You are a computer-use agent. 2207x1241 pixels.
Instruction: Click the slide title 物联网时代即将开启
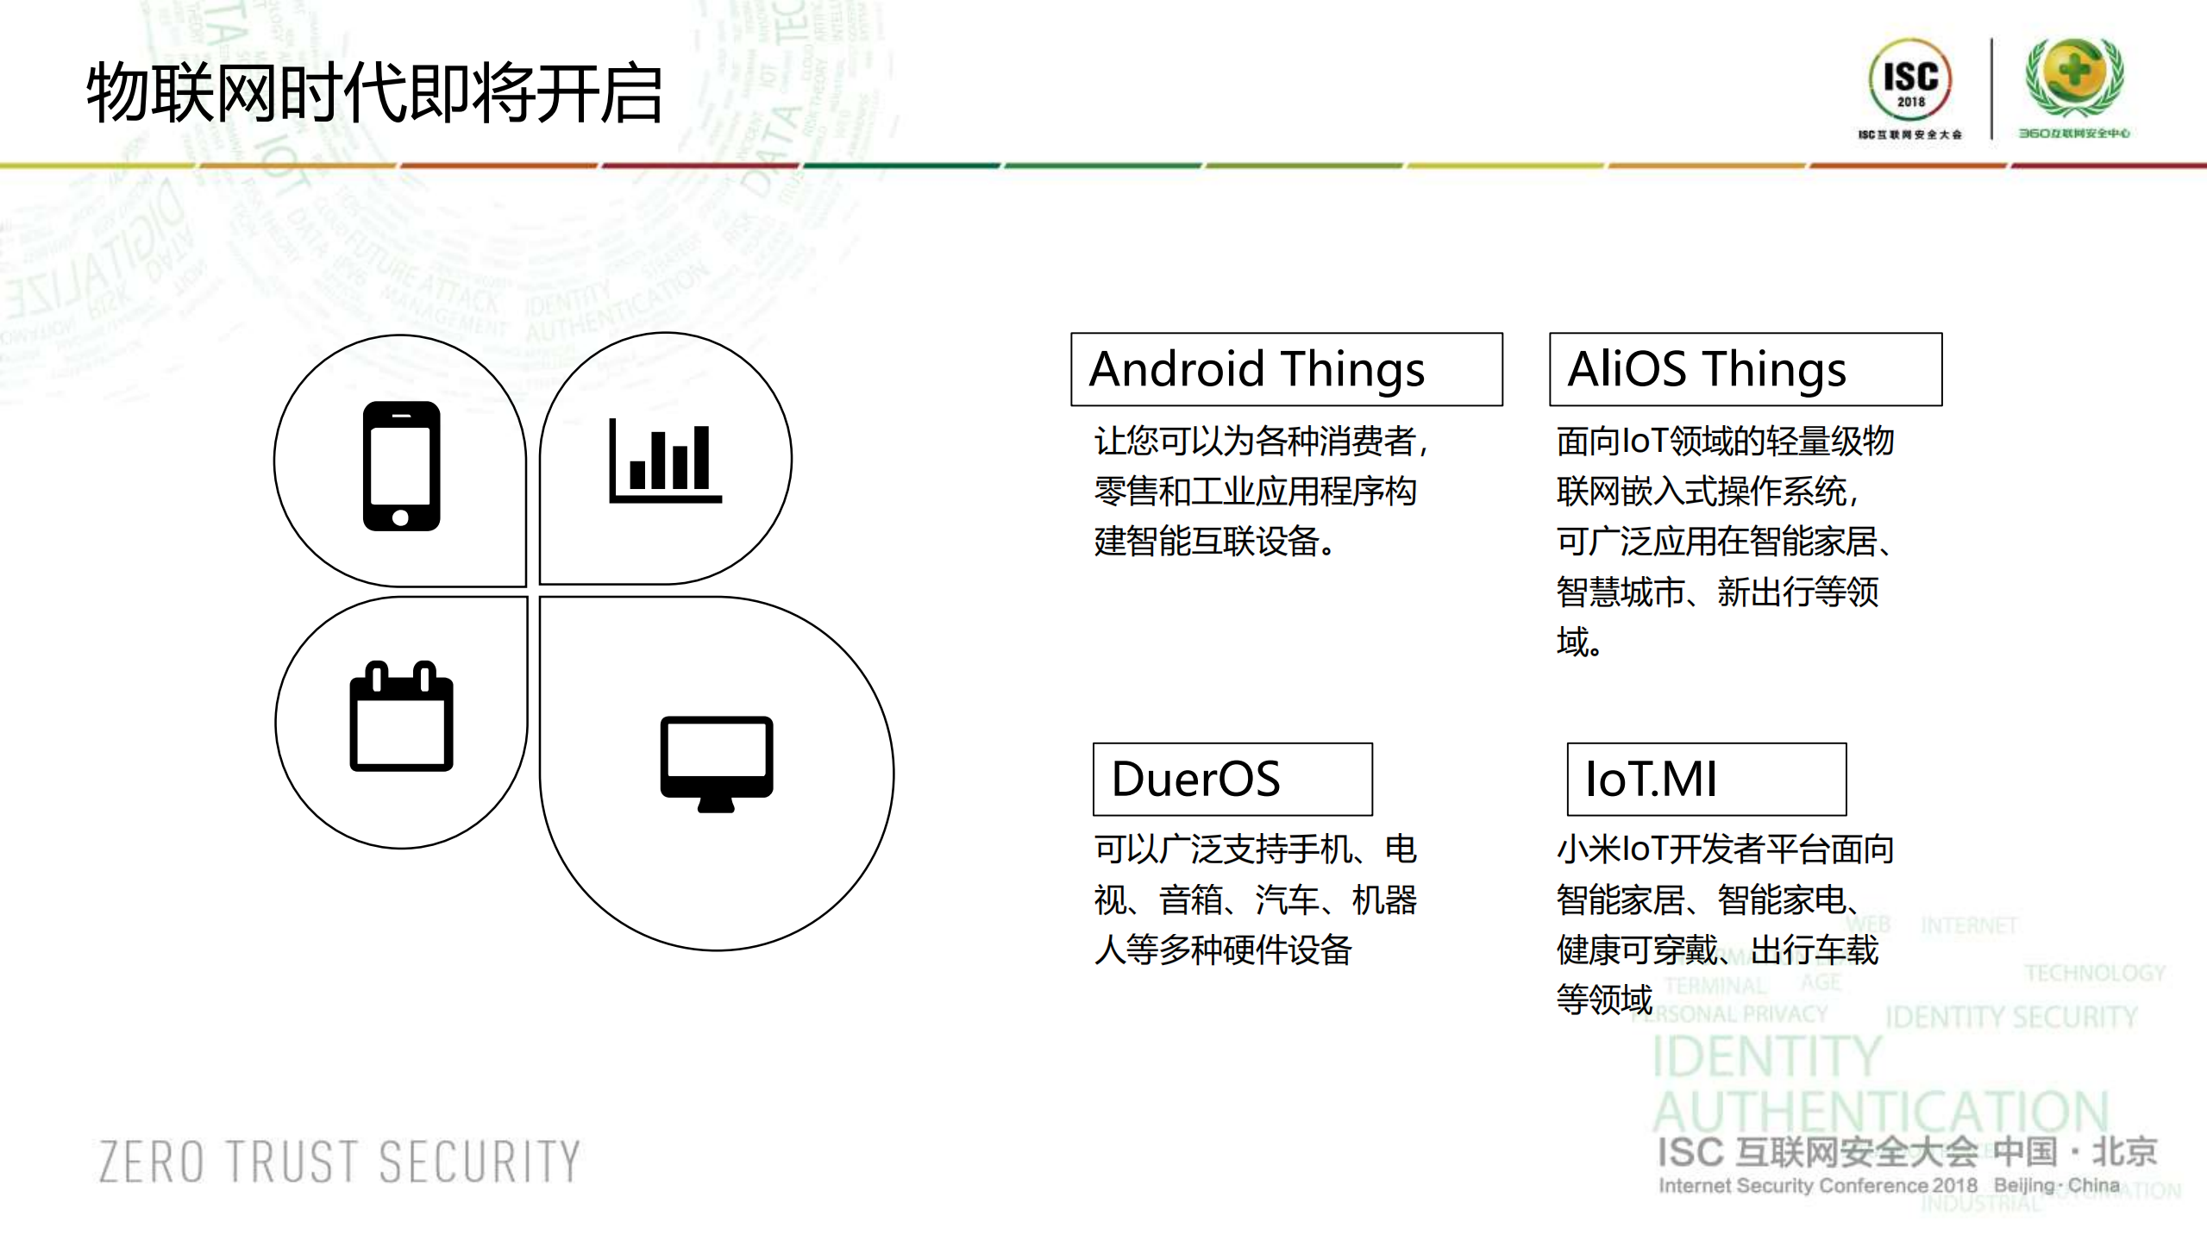(374, 93)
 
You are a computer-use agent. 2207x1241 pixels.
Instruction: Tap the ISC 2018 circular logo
(1909, 79)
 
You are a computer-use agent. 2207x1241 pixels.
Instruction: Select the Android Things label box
(1286, 369)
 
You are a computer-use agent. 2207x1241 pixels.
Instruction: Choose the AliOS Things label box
(1745, 369)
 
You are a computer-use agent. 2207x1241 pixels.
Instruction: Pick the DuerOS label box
(1232, 779)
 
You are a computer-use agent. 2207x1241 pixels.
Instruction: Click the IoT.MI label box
(1706, 779)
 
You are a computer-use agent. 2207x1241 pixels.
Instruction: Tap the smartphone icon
(401, 466)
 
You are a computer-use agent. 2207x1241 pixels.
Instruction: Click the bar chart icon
(664, 461)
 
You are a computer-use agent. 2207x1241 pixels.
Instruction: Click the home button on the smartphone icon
(401, 517)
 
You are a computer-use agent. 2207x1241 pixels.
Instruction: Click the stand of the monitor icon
(716, 805)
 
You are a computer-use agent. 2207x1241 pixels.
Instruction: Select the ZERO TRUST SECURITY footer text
(340, 1161)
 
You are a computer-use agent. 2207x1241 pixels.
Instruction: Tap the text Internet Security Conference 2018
(1817, 1186)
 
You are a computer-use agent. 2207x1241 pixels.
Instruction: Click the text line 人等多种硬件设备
(1223, 950)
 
